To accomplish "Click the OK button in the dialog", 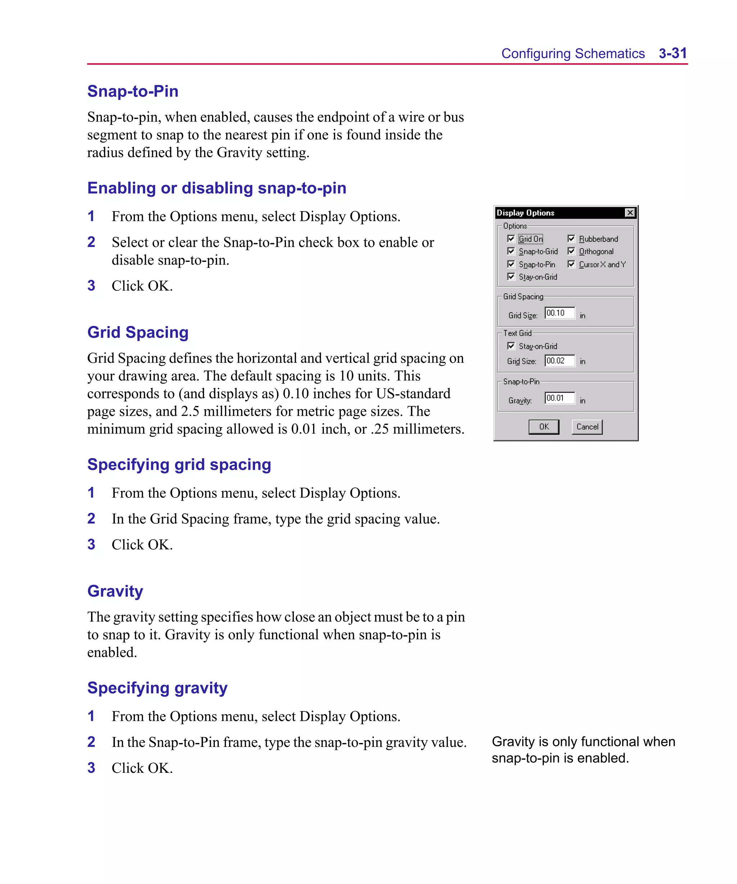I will tap(543, 426).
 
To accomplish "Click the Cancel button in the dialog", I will tap(587, 426).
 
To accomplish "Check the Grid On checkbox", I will tap(511, 239).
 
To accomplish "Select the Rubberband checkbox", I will tap(571, 239).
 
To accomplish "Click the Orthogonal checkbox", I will tap(571, 251).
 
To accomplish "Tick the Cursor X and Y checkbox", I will tap(571, 264).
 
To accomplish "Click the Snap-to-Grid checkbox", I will tap(511, 251).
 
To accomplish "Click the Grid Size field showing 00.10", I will tap(559, 313).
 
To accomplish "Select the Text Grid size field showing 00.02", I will tap(559, 361).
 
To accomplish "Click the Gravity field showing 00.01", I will tap(559, 398).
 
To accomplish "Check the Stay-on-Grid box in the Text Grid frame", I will tap(511, 346).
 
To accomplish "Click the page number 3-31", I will tap(673, 54).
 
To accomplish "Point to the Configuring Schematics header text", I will tap(573, 54).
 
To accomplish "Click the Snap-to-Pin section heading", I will tap(133, 91).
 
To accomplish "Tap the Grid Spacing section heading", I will tap(138, 332).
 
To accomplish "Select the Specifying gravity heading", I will tap(157, 688).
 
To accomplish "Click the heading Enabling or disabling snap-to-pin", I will tap(217, 188).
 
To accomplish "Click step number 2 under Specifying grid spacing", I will tap(91, 518).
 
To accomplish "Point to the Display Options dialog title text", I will tap(525, 213).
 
